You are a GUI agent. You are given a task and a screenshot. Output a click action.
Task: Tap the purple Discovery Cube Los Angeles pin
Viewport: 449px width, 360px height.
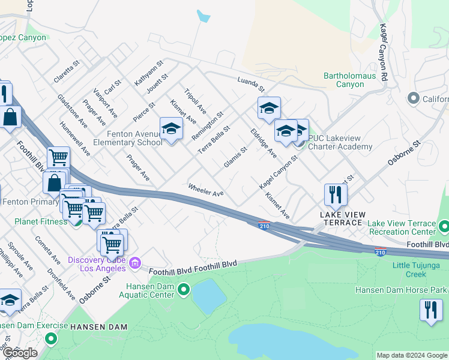(x=134, y=262)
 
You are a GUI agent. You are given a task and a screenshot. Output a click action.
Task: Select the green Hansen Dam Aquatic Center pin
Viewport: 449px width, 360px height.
(x=184, y=291)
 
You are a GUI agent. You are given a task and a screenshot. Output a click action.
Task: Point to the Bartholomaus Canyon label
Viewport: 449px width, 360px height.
(x=349, y=80)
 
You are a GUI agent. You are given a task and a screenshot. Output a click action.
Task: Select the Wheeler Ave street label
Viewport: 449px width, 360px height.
(x=206, y=189)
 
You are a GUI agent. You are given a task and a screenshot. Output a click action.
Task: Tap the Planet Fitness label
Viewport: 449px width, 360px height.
(x=41, y=221)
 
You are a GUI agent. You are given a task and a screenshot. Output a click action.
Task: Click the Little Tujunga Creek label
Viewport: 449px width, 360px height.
(x=417, y=269)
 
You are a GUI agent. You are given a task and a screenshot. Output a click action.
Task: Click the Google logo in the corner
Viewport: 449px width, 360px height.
(x=20, y=353)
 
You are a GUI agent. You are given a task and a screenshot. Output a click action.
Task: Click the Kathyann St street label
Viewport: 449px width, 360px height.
(x=149, y=72)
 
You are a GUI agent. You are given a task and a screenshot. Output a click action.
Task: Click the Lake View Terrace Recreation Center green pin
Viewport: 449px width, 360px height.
(x=444, y=227)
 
